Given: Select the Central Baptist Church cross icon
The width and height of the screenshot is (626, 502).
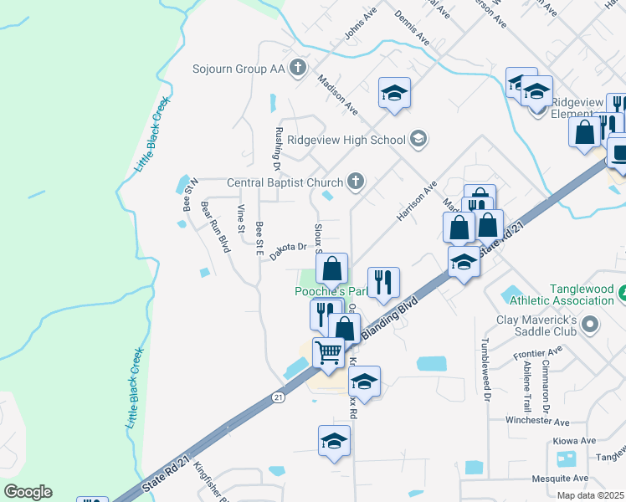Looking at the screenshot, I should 356,182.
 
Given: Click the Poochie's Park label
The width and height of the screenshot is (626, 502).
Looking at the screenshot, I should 331,291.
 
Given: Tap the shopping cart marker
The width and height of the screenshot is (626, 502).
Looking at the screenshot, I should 328,352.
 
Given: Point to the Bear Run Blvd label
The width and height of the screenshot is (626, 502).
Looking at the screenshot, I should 215,226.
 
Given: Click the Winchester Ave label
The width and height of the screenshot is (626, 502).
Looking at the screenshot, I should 537,423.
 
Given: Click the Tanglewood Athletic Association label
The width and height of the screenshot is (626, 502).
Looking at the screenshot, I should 582,295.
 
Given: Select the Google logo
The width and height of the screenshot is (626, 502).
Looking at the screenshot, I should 28,492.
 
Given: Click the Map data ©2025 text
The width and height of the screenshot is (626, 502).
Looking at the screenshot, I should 591,495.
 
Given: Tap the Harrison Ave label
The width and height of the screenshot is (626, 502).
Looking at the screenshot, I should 417,202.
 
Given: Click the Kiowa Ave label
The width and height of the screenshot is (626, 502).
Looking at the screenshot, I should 574,441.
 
